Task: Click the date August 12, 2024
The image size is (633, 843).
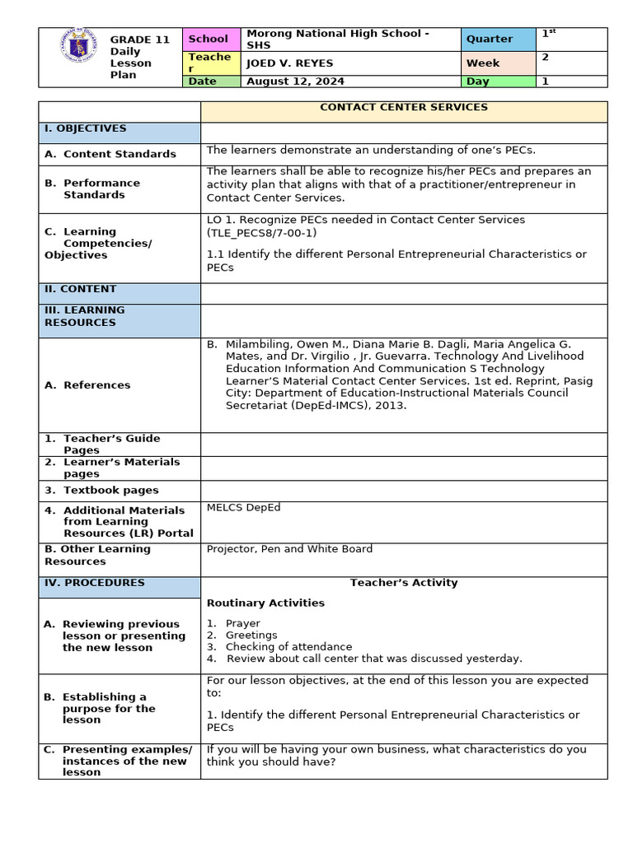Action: [294, 82]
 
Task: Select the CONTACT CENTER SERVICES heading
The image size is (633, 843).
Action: [404, 107]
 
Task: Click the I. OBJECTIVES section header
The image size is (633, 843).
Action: [86, 128]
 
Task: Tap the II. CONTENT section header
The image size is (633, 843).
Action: [81, 289]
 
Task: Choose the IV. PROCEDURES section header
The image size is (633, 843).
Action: [95, 583]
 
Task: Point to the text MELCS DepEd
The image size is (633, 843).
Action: [243, 507]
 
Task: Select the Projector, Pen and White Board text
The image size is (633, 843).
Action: [289, 548]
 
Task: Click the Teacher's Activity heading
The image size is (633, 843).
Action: [404, 583]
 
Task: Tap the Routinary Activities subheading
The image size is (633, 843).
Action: [265, 603]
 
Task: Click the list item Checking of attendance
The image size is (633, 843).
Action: [288, 646]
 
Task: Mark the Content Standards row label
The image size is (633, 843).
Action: [120, 154]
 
